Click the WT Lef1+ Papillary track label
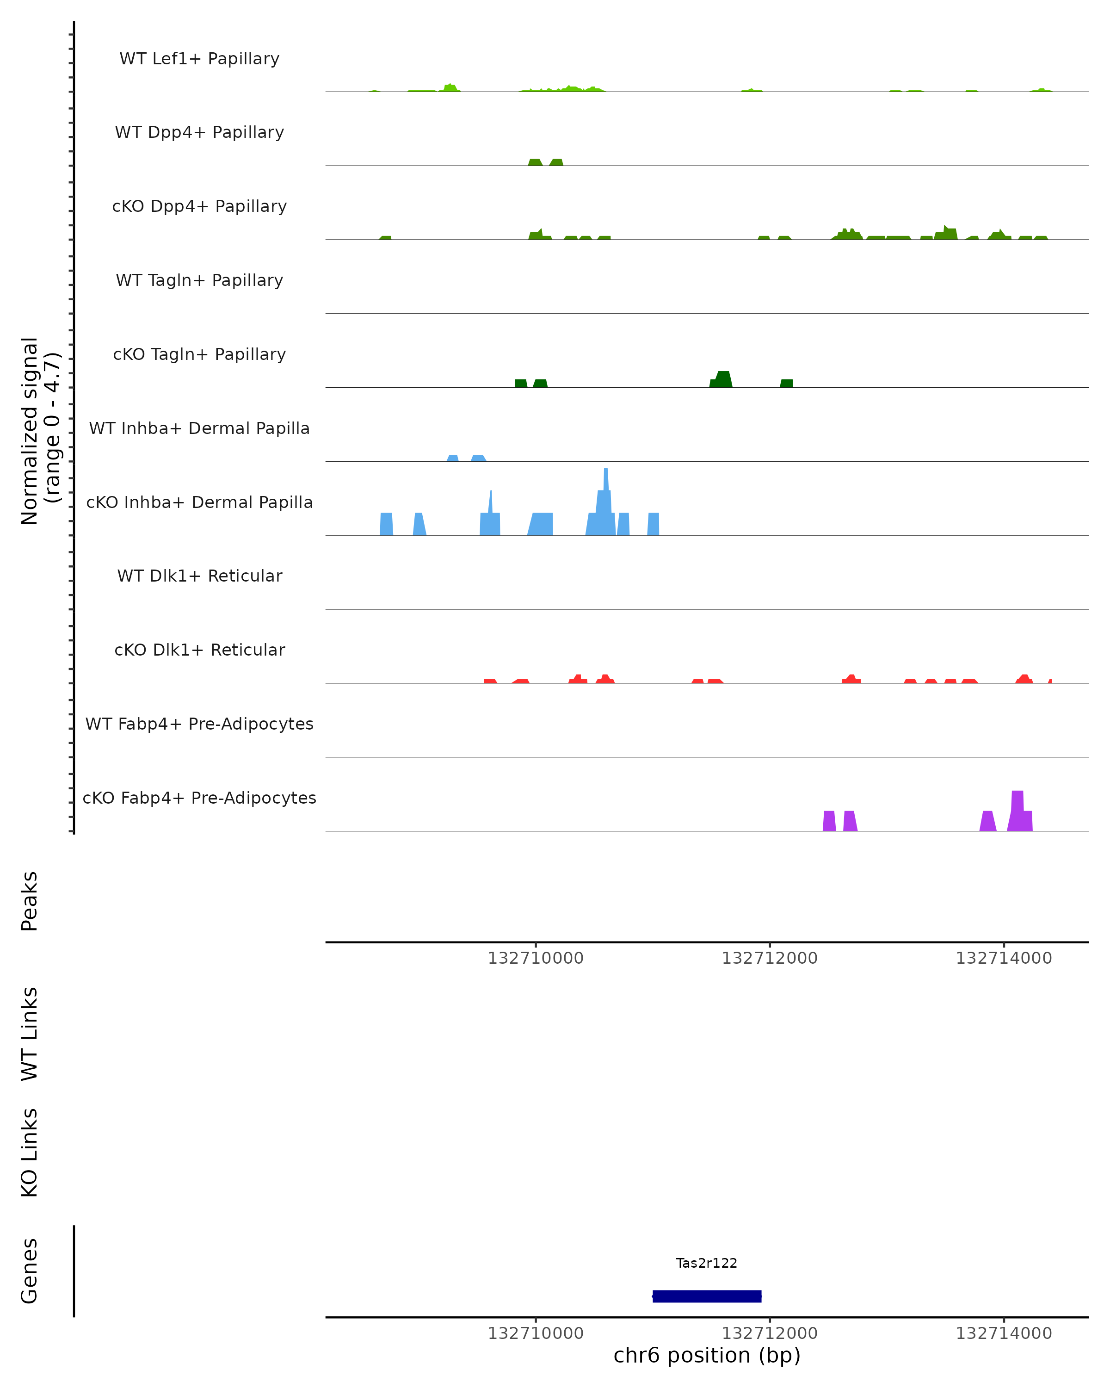(199, 59)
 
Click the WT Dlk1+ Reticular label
(199, 576)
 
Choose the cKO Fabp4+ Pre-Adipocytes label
(199, 798)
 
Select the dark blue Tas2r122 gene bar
(707, 1296)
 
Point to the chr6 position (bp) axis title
(707, 1355)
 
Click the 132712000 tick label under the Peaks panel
(769, 958)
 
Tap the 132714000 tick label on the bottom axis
(1003, 1333)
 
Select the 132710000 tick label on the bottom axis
(536, 1333)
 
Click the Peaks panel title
(29, 901)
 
